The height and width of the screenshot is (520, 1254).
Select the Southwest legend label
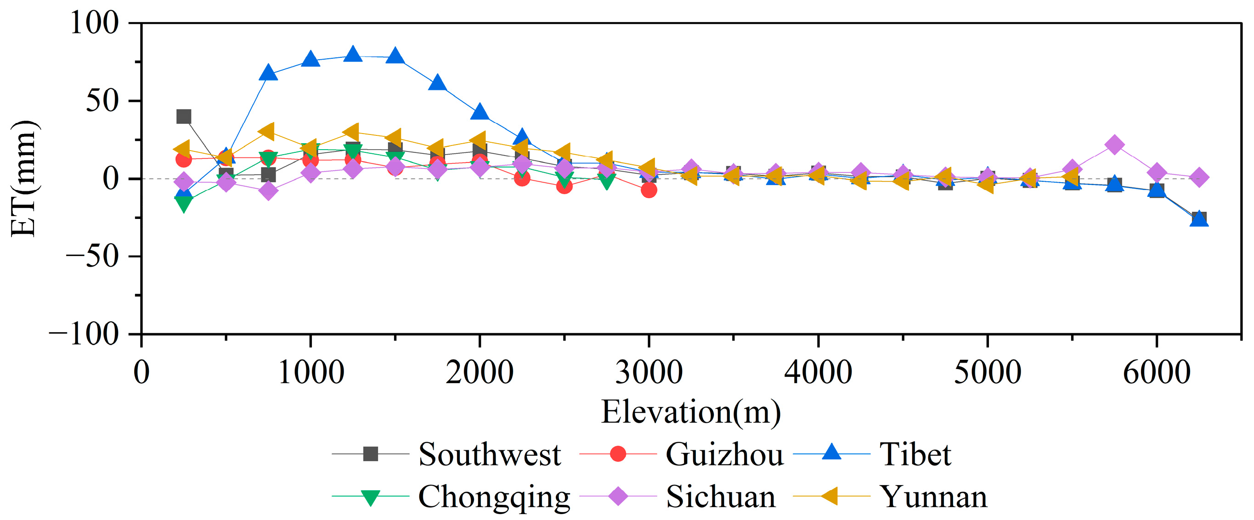(489, 454)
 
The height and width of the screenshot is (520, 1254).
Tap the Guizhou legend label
(724, 454)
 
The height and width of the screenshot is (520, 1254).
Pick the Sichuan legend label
(720, 497)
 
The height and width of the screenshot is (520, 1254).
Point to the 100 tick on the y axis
(95, 23)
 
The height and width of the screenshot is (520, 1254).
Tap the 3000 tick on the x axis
(649, 373)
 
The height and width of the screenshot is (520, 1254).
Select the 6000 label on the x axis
(1156, 373)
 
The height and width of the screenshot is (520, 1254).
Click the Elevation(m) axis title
(691, 412)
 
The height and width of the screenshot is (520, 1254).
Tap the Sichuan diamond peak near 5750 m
(1114, 145)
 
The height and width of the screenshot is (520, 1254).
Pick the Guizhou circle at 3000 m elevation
(649, 190)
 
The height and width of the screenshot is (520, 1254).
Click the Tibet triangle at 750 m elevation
(268, 73)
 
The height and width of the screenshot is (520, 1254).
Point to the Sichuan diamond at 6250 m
(1199, 177)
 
